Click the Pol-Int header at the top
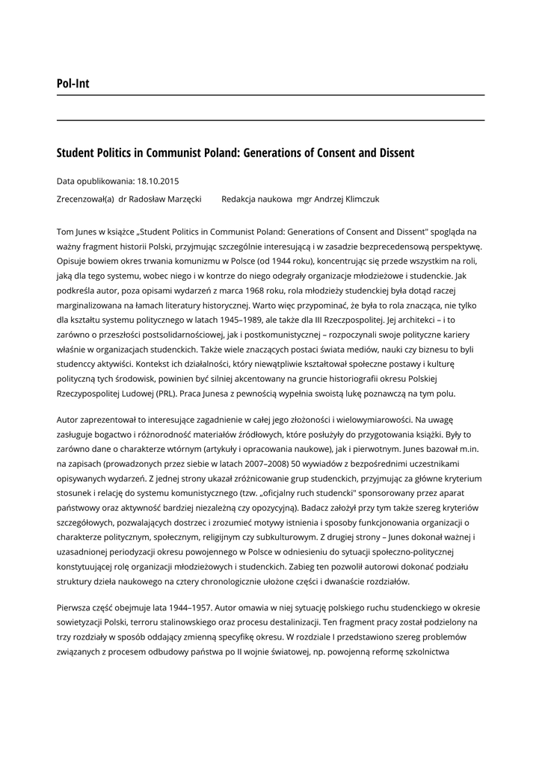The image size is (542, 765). (73, 84)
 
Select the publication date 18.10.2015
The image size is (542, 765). (158, 181)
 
